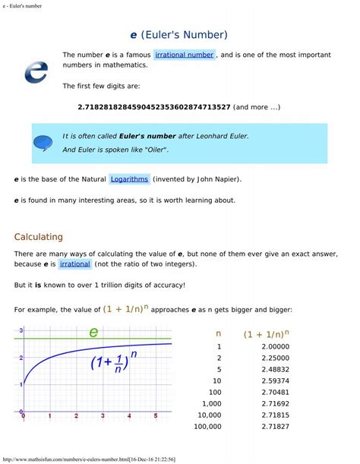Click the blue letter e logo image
pyautogui.click(x=36, y=71)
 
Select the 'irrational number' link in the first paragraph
pyautogui.click(x=185, y=55)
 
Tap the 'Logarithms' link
pyautogui.click(x=129, y=179)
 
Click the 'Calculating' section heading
pyautogui.click(x=39, y=237)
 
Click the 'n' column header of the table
pyautogui.click(x=218, y=333)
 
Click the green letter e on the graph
pyautogui.click(x=93, y=332)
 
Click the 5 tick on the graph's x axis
pyautogui.click(x=155, y=416)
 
